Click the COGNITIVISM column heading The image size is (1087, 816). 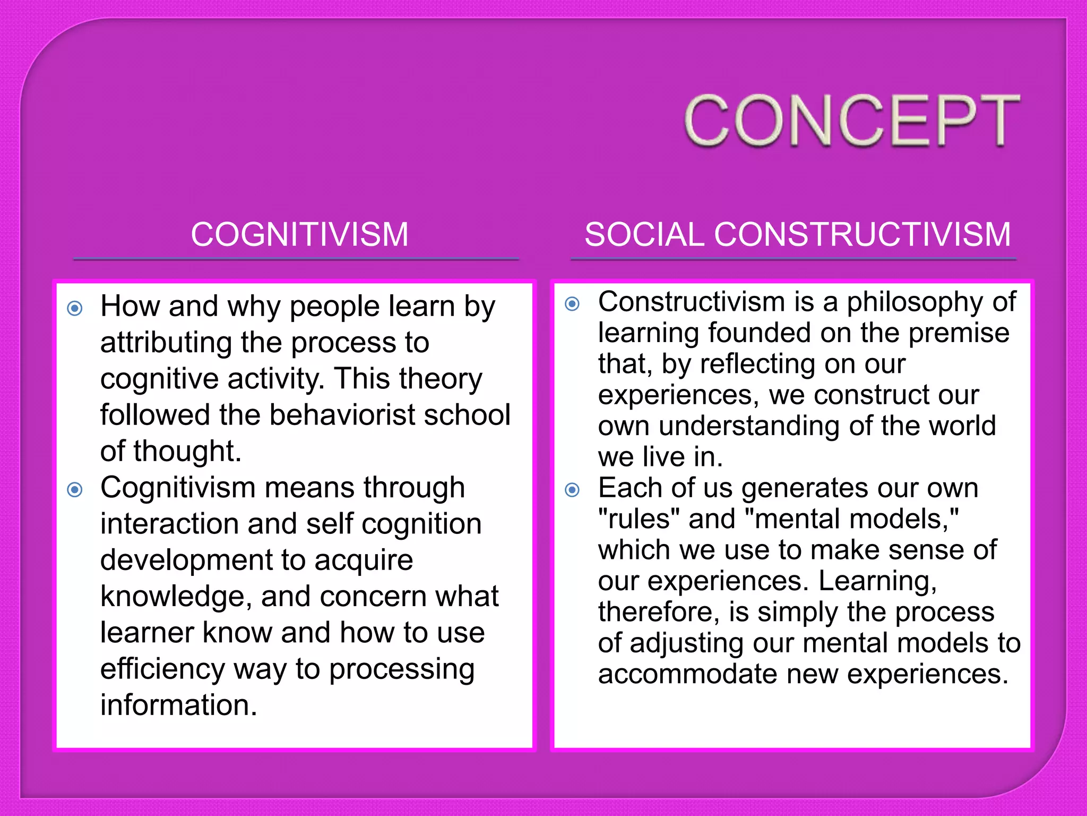pyautogui.click(x=299, y=234)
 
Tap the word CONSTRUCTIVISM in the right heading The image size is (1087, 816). pyautogui.click(x=862, y=234)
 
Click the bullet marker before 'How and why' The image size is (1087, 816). pyautogui.click(x=75, y=308)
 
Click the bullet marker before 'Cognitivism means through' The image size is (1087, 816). pyautogui.click(x=75, y=489)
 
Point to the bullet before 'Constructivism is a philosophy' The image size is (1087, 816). pyautogui.click(x=572, y=304)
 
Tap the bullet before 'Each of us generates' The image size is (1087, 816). pyautogui.click(x=572, y=489)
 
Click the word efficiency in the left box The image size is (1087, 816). pyautogui.click(x=162, y=669)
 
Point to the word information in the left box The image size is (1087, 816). pyautogui.click(x=178, y=705)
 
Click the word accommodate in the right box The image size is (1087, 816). pyautogui.click(x=688, y=674)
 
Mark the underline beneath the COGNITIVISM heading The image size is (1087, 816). pyautogui.click(x=296, y=259)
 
